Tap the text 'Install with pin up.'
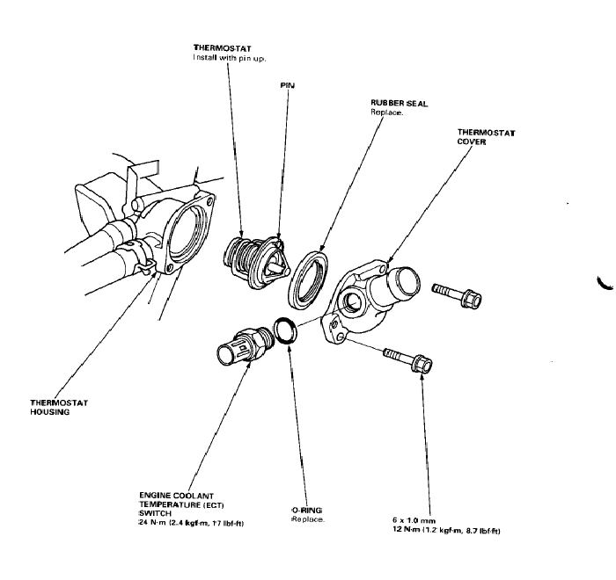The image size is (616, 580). (x=230, y=58)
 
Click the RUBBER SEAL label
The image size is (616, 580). (x=399, y=103)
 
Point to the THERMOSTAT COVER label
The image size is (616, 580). (x=486, y=137)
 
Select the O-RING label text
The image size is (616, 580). (x=307, y=510)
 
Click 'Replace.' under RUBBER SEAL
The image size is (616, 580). (x=387, y=113)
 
